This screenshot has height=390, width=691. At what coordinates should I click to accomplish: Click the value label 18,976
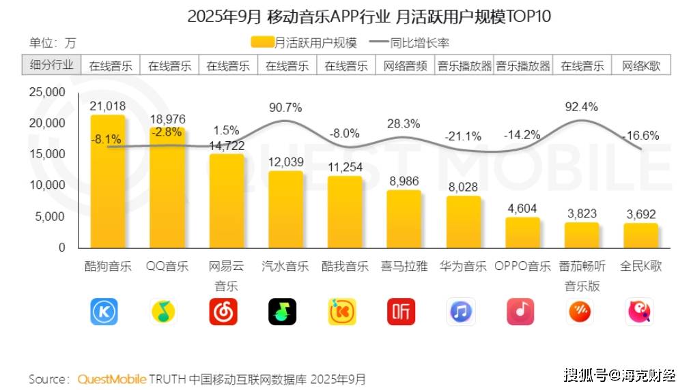[167, 119]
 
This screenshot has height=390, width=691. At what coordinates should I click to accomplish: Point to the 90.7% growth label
[285, 107]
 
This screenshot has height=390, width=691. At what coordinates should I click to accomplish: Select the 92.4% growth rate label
[582, 106]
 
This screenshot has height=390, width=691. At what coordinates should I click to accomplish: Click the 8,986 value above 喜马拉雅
[404, 181]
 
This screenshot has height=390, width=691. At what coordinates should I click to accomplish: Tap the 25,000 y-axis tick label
[46, 92]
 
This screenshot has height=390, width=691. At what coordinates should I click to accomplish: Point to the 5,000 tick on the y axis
[50, 217]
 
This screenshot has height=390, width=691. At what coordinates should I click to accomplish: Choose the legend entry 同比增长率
[409, 43]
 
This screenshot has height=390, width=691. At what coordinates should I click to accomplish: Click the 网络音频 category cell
[405, 66]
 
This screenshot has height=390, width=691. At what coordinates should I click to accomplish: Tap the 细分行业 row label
[52, 65]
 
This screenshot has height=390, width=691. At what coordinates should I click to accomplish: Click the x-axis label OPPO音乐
[522, 267]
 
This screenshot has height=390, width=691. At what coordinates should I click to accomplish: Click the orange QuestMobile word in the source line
[112, 379]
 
